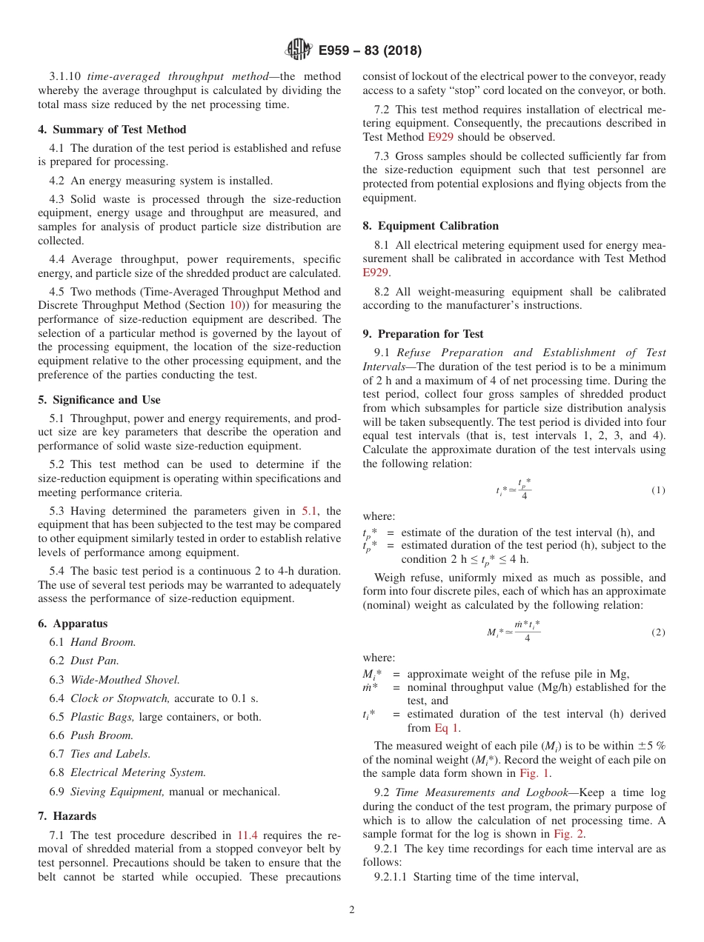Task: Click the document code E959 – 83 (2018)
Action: click(x=370, y=50)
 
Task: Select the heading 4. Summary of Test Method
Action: click(x=112, y=129)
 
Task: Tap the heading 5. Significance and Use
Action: click(x=99, y=399)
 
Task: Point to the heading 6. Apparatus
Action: click(x=73, y=624)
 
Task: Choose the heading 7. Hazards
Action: click(x=67, y=815)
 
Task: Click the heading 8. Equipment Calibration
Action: click(x=431, y=225)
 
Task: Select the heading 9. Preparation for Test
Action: click(x=423, y=333)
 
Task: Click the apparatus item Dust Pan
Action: click(x=95, y=661)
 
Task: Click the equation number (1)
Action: click(x=658, y=490)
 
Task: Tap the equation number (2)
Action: click(x=658, y=632)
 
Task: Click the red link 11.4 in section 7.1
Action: click(x=247, y=835)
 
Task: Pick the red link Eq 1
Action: click(x=447, y=728)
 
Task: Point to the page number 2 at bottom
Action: click(x=352, y=910)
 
